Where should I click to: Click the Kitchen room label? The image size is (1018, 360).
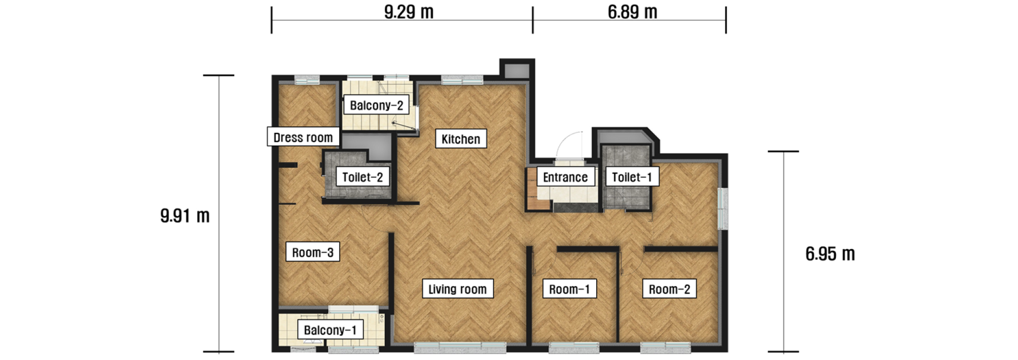pyautogui.click(x=461, y=138)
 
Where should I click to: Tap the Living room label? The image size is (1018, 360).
pyautogui.click(x=457, y=289)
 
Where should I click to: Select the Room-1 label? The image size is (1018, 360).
pyautogui.click(x=569, y=289)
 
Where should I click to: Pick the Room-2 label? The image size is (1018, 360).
pyautogui.click(x=669, y=289)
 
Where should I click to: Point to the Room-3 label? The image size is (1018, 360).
pyautogui.click(x=312, y=252)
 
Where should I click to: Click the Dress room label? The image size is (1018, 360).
pyautogui.click(x=303, y=137)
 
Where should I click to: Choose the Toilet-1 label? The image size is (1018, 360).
pyautogui.click(x=632, y=176)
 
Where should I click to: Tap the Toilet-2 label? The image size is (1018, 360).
pyautogui.click(x=362, y=176)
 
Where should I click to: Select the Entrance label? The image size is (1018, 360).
pyautogui.click(x=565, y=176)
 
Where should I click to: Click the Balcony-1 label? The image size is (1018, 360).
pyautogui.click(x=330, y=330)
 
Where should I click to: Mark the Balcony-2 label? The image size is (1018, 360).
pyautogui.click(x=376, y=105)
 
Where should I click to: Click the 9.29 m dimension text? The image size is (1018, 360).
pyautogui.click(x=409, y=12)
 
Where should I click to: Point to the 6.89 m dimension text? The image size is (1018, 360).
pyautogui.click(x=632, y=12)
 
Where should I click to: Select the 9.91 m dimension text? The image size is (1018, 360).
pyautogui.click(x=185, y=215)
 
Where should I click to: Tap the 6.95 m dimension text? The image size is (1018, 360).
pyautogui.click(x=830, y=254)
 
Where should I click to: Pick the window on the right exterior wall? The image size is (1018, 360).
pyautogui.click(x=723, y=208)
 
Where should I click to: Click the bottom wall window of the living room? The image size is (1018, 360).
pyautogui.click(x=460, y=347)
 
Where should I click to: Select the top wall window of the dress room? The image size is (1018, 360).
pyautogui.click(x=307, y=80)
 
